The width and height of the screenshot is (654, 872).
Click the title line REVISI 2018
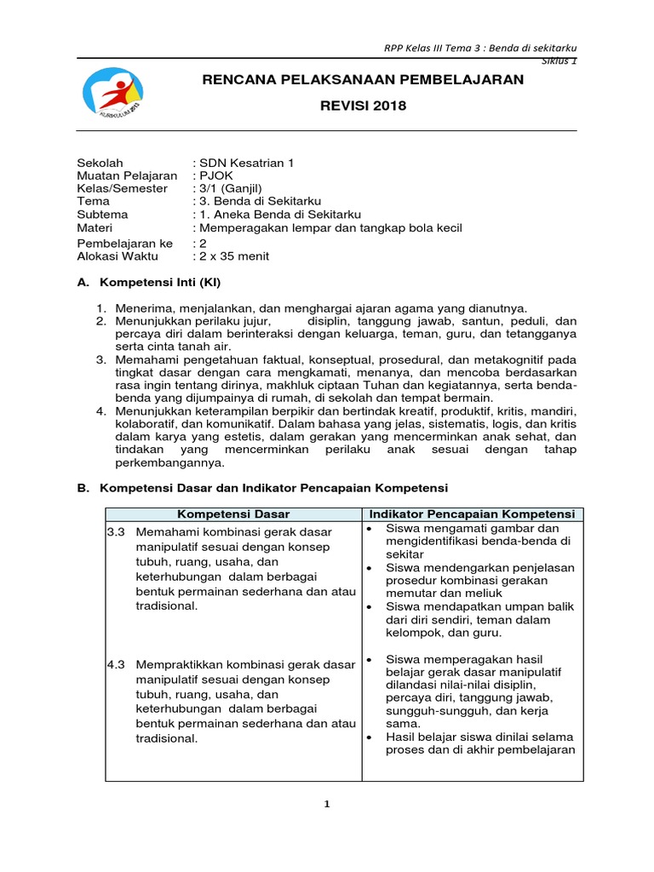point(364,106)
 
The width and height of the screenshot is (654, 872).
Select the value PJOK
point(212,175)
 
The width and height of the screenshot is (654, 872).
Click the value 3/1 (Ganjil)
point(231,188)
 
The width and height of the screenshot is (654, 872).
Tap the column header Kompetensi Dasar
point(232,514)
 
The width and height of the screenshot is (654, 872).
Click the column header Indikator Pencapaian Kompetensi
point(472,514)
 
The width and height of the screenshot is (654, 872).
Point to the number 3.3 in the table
point(116,531)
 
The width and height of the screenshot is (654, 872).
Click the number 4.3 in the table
point(116,661)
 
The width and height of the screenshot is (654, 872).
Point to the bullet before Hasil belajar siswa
point(369,737)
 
